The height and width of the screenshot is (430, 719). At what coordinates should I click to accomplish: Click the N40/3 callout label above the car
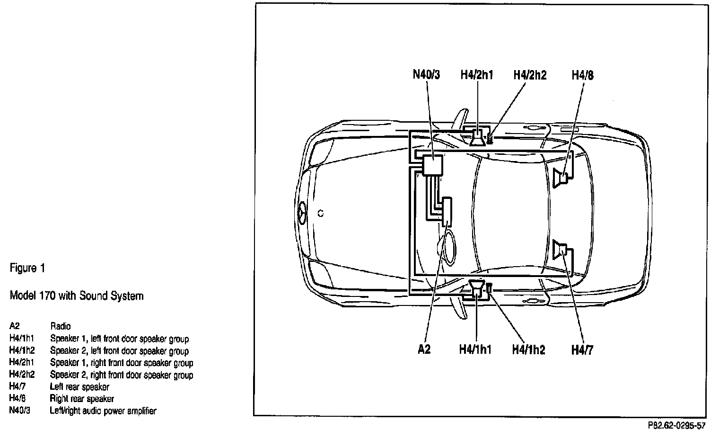[427, 75]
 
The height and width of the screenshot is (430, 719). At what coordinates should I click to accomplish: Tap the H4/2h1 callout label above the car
[477, 75]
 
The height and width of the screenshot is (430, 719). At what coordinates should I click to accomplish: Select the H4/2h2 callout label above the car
[530, 75]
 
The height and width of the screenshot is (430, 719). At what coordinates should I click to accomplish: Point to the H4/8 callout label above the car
[583, 75]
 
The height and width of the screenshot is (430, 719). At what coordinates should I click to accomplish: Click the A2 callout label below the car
[424, 349]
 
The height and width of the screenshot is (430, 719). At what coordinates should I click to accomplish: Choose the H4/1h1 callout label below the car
[475, 349]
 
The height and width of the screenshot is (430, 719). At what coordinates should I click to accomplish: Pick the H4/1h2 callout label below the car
[529, 350]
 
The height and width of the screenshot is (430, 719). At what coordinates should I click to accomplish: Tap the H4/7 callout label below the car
[582, 350]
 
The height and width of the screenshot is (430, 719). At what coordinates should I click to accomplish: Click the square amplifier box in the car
[433, 165]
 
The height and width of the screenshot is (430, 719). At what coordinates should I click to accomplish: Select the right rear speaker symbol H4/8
[561, 177]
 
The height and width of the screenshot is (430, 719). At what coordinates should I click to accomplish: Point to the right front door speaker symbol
[478, 137]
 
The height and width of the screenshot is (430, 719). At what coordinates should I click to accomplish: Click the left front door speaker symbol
[477, 288]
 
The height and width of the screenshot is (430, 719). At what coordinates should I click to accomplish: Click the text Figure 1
[27, 269]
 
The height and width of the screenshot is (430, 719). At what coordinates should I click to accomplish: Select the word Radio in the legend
[61, 326]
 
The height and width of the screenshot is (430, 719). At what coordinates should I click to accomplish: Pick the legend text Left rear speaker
[79, 386]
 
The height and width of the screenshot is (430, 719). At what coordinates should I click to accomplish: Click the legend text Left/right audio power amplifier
[103, 411]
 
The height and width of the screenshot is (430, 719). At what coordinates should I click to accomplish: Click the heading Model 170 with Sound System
[77, 296]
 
